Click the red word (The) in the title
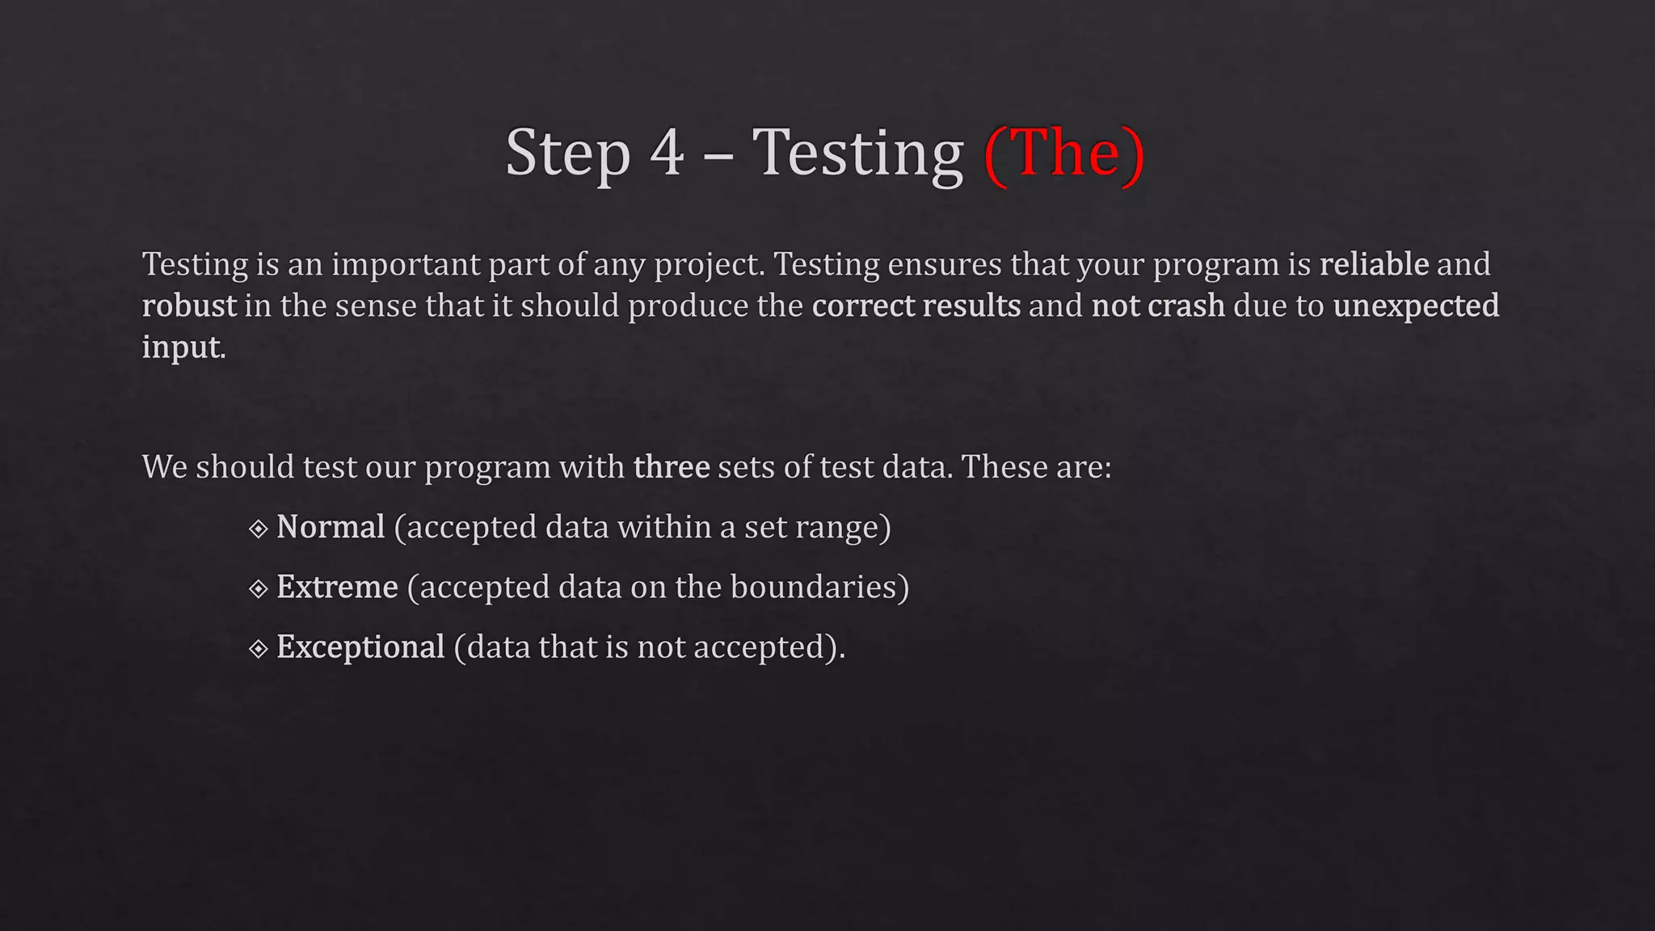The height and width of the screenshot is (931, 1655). (x=1064, y=153)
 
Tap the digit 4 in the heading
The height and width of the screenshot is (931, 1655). (x=667, y=153)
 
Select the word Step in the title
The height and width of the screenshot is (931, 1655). (x=567, y=153)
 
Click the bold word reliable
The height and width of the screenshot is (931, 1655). (x=1374, y=264)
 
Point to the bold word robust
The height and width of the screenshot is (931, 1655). (x=189, y=306)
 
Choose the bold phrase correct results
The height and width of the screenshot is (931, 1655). (x=916, y=306)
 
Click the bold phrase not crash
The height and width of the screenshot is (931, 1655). (x=1158, y=306)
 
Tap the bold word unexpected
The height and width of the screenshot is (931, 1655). (x=1416, y=306)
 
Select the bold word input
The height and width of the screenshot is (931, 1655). (x=183, y=348)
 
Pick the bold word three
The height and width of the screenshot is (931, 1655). (x=672, y=467)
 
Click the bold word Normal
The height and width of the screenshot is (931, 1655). (x=331, y=527)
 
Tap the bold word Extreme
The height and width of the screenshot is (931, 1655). (x=337, y=587)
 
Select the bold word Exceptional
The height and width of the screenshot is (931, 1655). (x=360, y=647)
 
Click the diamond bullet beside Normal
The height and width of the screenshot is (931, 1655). (x=259, y=529)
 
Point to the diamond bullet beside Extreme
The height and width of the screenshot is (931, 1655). (x=259, y=589)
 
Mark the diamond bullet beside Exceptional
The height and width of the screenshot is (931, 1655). (x=259, y=649)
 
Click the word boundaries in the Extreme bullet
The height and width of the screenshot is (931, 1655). (x=813, y=587)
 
